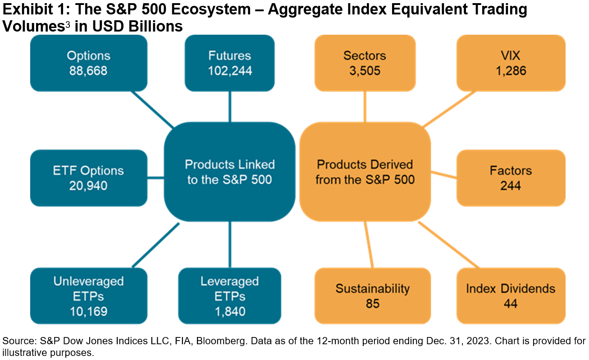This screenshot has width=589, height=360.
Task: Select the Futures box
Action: click(230, 63)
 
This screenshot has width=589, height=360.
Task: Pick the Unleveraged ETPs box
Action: click(88, 296)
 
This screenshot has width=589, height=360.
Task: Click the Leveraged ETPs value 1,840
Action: click(230, 310)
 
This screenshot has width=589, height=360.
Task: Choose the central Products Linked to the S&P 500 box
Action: click(230, 172)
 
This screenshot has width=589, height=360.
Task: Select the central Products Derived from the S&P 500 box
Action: click(365, 172)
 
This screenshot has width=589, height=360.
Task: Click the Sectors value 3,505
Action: click(365, 71)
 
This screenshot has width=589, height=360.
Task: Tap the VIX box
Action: click(511, 63)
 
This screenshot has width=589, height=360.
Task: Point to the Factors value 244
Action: click(511, 185)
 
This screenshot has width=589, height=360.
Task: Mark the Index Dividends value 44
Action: click(511, 303)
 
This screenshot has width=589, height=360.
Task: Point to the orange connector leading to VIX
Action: click(449, 109)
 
